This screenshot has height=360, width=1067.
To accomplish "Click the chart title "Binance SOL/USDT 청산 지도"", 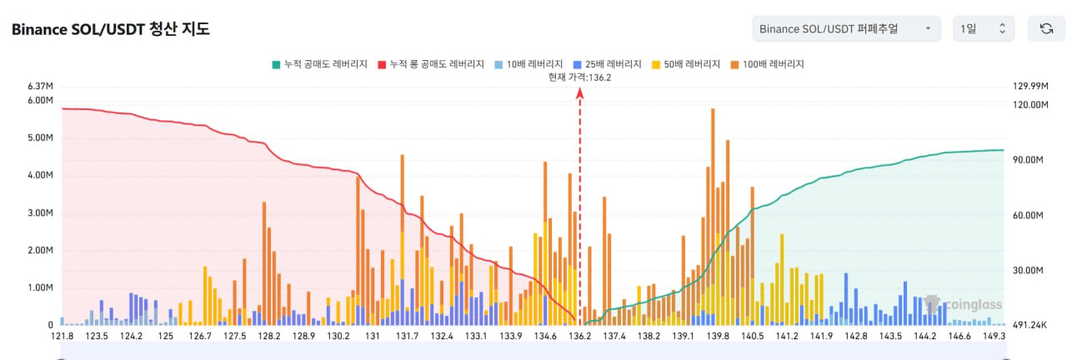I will click(x=110, y=29).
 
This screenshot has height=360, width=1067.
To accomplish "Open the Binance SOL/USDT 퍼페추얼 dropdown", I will click(x=845, y=29).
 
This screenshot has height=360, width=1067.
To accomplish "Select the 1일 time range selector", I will click(x=984, y=29).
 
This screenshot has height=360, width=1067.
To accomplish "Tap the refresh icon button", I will click(x=1046, y=29).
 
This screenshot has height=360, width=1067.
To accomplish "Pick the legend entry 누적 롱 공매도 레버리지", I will click(x=431, y=64).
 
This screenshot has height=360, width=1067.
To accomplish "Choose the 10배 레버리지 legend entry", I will click(x=528, y=64).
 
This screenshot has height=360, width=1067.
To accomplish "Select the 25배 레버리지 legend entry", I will click(x=608, y=64).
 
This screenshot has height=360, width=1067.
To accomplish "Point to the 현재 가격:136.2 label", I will click(x=580, y=77).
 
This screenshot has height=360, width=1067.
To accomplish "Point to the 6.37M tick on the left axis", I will click(x=41, y=87).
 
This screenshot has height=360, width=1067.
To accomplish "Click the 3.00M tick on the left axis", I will click(x=41, y=213).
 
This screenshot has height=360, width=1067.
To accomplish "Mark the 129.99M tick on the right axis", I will click(x=1029, y=87).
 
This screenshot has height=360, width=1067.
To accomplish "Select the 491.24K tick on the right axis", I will click(x=1029, y=326).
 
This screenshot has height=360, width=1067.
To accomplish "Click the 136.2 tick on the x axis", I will click(x=580, y=336).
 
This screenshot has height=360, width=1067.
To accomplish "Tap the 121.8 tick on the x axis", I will click(x=63, y=336).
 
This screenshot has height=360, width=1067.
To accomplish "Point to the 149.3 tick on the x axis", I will click(x=994, y=336).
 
